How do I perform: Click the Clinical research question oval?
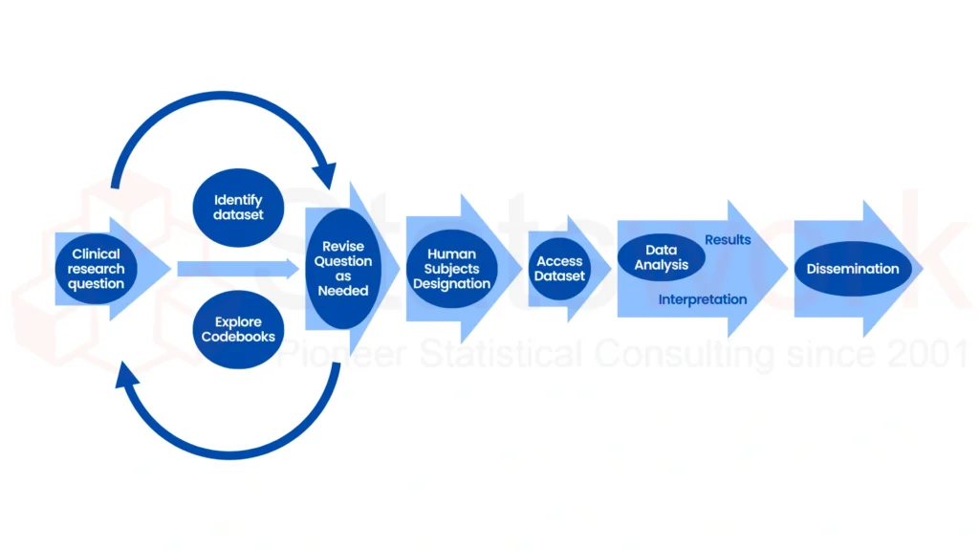96,269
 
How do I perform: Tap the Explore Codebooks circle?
238,329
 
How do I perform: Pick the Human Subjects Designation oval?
452,269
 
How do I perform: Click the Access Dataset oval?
559,269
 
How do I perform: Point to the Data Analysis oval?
661,257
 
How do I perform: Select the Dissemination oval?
853,269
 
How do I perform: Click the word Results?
728,239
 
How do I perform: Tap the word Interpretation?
703,299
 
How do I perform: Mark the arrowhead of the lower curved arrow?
128,376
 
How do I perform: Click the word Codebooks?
238,337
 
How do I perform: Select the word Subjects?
452,269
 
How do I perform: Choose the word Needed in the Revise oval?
343,291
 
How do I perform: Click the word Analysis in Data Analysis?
661,265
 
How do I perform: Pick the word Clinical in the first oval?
97,253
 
